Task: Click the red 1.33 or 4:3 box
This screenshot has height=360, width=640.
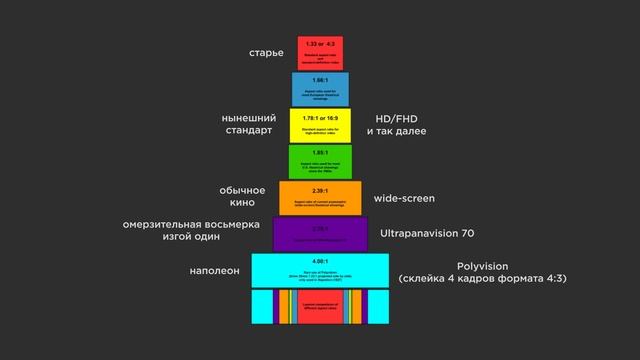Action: [320, 52]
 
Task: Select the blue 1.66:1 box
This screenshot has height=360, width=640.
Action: [320, 88]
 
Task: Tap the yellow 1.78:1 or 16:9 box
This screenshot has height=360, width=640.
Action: [320, 125]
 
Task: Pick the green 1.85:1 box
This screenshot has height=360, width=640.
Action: [320, 161]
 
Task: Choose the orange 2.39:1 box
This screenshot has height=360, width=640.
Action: [320, 197]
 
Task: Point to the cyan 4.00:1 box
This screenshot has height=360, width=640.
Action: [320, 271]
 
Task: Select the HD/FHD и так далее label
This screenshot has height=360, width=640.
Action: [396, 124]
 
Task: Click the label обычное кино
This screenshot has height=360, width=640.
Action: [242, 196]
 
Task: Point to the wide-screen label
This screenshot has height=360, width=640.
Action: [404, 198]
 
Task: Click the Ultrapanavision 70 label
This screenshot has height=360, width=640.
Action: [427, 233]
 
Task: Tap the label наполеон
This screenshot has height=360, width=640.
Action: [215, 270]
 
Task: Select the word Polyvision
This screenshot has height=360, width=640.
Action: [483, 266]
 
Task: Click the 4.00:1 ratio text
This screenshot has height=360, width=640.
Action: [320, 261]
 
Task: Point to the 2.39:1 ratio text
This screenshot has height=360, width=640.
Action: [320, 189]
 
